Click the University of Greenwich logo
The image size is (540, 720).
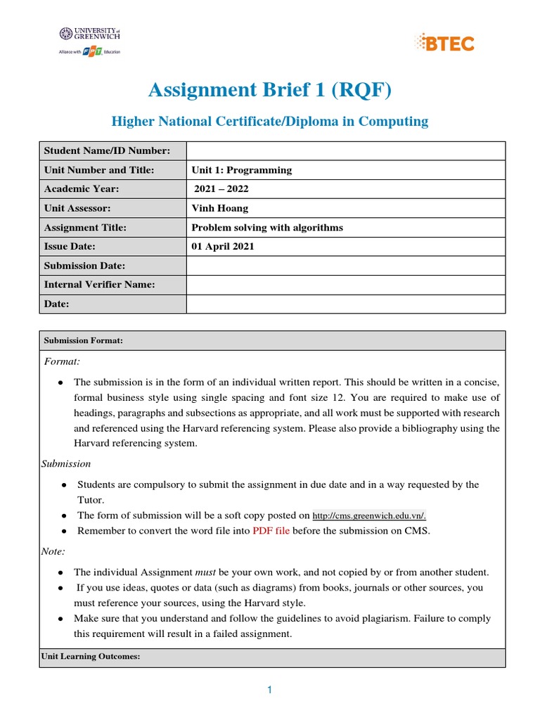[90, 42]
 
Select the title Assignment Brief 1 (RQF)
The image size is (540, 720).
[270, 90]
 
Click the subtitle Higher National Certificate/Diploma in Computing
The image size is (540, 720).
[270, 122]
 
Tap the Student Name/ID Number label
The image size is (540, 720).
[107, 151]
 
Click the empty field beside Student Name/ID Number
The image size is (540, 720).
[345, 151]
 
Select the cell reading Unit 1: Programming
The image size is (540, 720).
[241, 170]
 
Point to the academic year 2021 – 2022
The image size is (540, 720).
[221, 189]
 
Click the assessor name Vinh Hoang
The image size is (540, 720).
[219, 208]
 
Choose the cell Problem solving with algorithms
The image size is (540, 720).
[267, 227]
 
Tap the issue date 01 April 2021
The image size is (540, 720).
[223, 247]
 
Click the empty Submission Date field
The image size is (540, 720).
[345, 266]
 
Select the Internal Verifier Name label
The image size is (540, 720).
[99, 285]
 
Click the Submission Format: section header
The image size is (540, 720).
[84, 340]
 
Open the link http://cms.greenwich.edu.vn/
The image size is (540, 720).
[369, 515]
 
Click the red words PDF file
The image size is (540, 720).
[271, 531]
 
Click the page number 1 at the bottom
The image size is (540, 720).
[269, 690]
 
